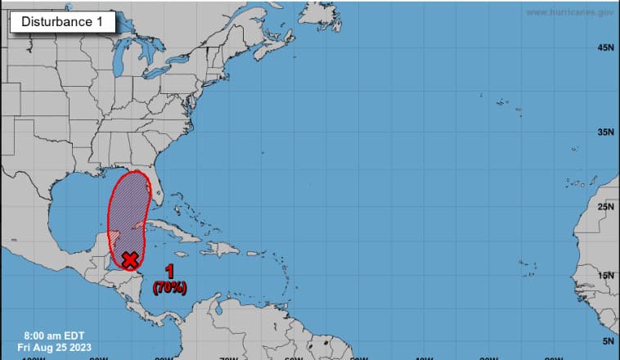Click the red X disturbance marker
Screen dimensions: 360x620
pyautogui.click(x=129, y=259)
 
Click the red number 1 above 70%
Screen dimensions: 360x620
pyautogui.click(x=170, y=272)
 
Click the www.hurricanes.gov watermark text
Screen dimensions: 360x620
pyautogui.click(x=569, y=12)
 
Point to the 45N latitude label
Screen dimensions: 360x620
pyautogui.click(x=605, y=48)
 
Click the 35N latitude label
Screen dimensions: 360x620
pyautogui.click(x=605, y=132)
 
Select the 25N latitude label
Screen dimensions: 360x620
pyautogui.click(x=605, y=206)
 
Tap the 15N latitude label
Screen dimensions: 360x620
pyautogui.click(x=605, y=275)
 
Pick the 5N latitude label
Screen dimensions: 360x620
pyautogui.click(x=607, y=340)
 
